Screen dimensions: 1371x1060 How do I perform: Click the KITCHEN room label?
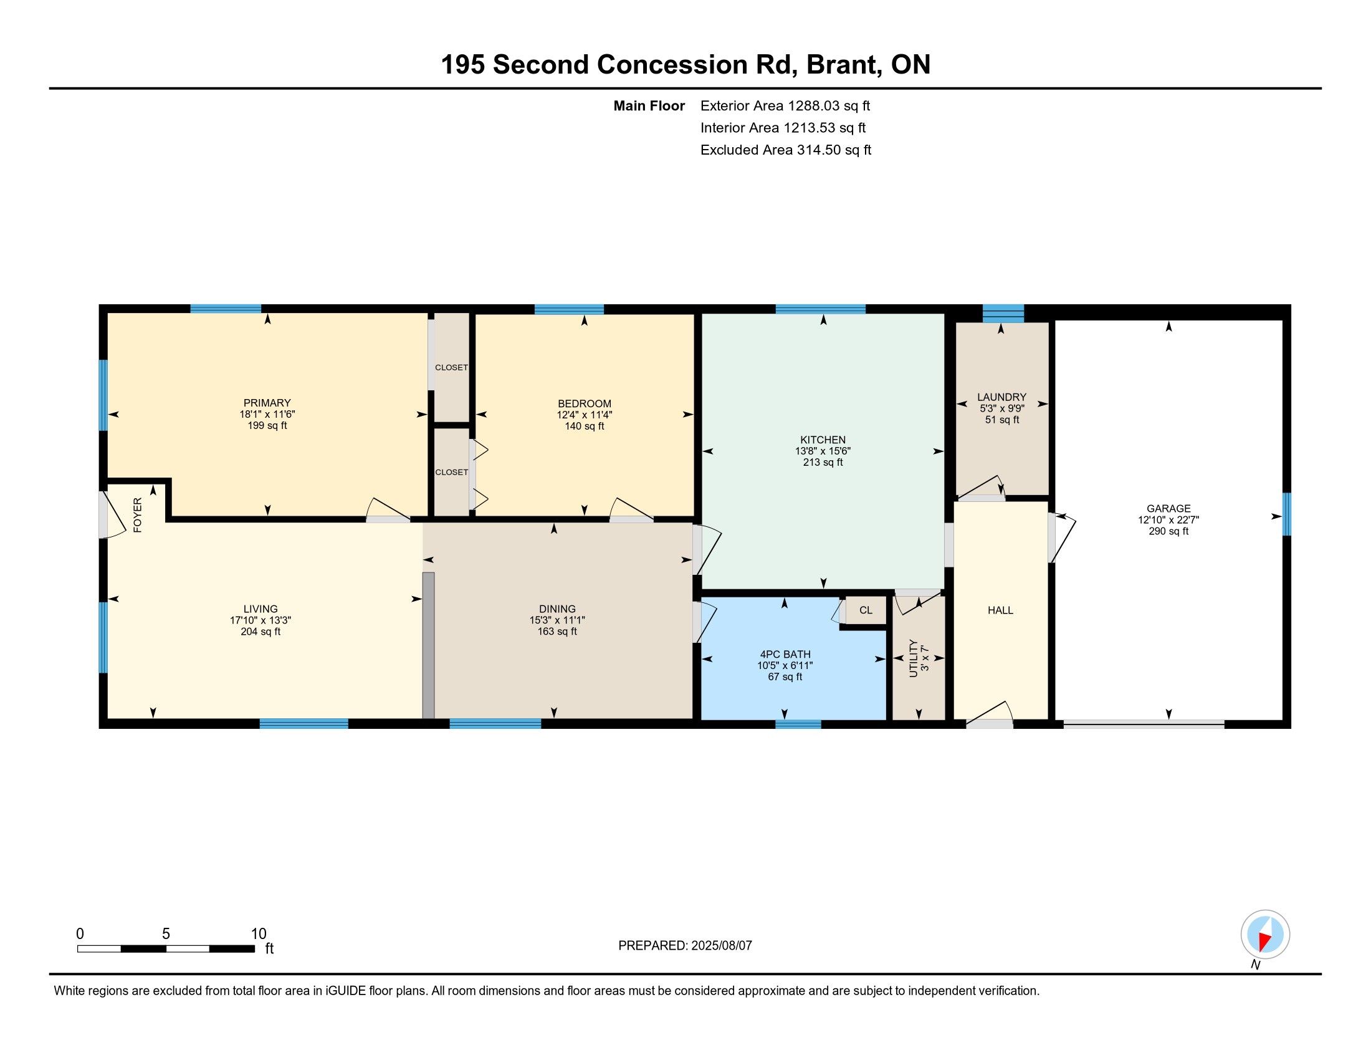(x=823, y=440)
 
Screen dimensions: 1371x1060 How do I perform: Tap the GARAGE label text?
(x=1168, y=509)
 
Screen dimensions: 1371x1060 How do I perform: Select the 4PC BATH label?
(x=785, y=654)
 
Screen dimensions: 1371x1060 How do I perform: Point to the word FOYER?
(x=138, y=515)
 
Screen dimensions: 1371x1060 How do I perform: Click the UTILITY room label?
(x=914, y=658)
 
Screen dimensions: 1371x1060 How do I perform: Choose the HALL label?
(x=1000, y=610)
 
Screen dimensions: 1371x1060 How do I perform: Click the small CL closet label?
(x=866, y=610)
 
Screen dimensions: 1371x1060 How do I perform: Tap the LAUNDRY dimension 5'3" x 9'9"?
(x=1002, y=408)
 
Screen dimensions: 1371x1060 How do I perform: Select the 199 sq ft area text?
(x=267, y=425)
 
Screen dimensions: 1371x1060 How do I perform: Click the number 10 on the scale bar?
(x=259, y=934)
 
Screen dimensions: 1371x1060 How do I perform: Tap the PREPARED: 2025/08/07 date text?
(x=685, y=946)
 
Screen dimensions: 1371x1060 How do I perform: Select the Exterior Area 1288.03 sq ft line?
(x=785, y=105)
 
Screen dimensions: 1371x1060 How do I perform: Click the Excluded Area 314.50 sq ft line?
(x=786, y=150)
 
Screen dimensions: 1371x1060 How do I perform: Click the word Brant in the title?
(x=842, y=65)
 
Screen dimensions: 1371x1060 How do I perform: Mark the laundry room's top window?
(x=1003, y=313)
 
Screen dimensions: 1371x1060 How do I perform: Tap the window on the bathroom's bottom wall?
(x=798, y=724)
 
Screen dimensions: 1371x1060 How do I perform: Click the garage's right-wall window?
(x=1286, y=514)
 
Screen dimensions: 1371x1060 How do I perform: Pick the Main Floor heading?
(x=649, y=105)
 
